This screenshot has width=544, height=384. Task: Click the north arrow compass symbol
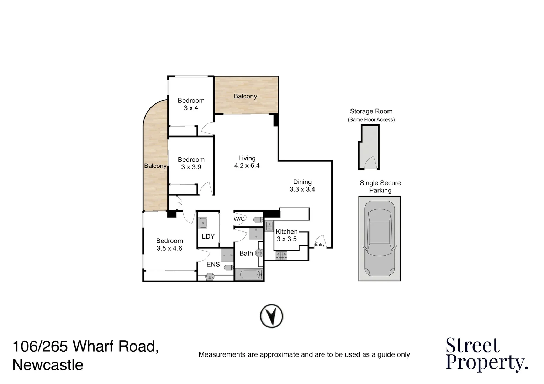(271, 316)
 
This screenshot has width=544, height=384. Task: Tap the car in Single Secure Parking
(379, 239)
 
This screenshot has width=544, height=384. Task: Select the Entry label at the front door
(319, 244)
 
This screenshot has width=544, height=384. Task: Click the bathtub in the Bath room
(249, 275)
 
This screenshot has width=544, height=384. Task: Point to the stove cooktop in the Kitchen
(281, 256)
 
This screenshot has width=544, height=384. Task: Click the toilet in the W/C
(258, 220)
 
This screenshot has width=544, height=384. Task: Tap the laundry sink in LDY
(203, 223)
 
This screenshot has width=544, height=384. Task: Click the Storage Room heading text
(371, 111)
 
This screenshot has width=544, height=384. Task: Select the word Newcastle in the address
(48, 365)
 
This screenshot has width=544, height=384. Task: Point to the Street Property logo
(487, 355)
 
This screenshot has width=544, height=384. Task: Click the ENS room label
(213, 264)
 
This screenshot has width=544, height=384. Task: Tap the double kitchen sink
(269, 226)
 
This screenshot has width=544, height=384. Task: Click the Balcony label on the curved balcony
(155, 166)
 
